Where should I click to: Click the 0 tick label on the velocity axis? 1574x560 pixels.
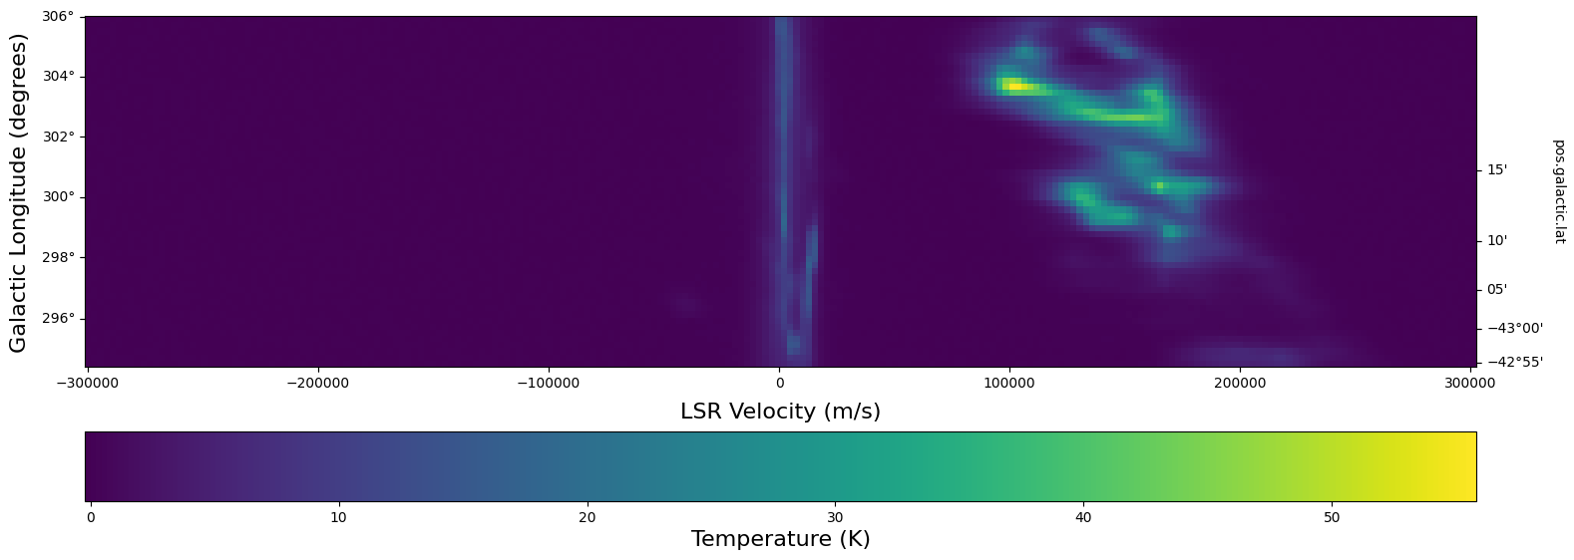pos(779,382)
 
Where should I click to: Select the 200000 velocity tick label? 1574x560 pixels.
pos(1239,382)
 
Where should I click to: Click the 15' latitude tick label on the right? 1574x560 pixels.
pos(1497,170)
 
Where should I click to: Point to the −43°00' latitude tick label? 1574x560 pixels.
pos(1515,328)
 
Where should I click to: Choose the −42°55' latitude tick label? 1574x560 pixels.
pos(1515,362)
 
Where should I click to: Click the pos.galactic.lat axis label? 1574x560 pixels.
pos(1559,191)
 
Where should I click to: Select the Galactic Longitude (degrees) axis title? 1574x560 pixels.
pos(19,191)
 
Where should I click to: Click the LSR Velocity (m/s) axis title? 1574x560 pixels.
pos(780,412)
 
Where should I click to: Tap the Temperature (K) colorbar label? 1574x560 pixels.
pos(780,539)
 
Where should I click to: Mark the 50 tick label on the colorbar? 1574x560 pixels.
pos(1332,517)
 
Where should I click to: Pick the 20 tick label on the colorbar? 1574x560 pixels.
pos(587,517)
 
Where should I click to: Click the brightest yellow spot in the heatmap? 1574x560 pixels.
pos(1015,87)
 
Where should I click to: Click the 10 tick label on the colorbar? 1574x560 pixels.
pos(339,517)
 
